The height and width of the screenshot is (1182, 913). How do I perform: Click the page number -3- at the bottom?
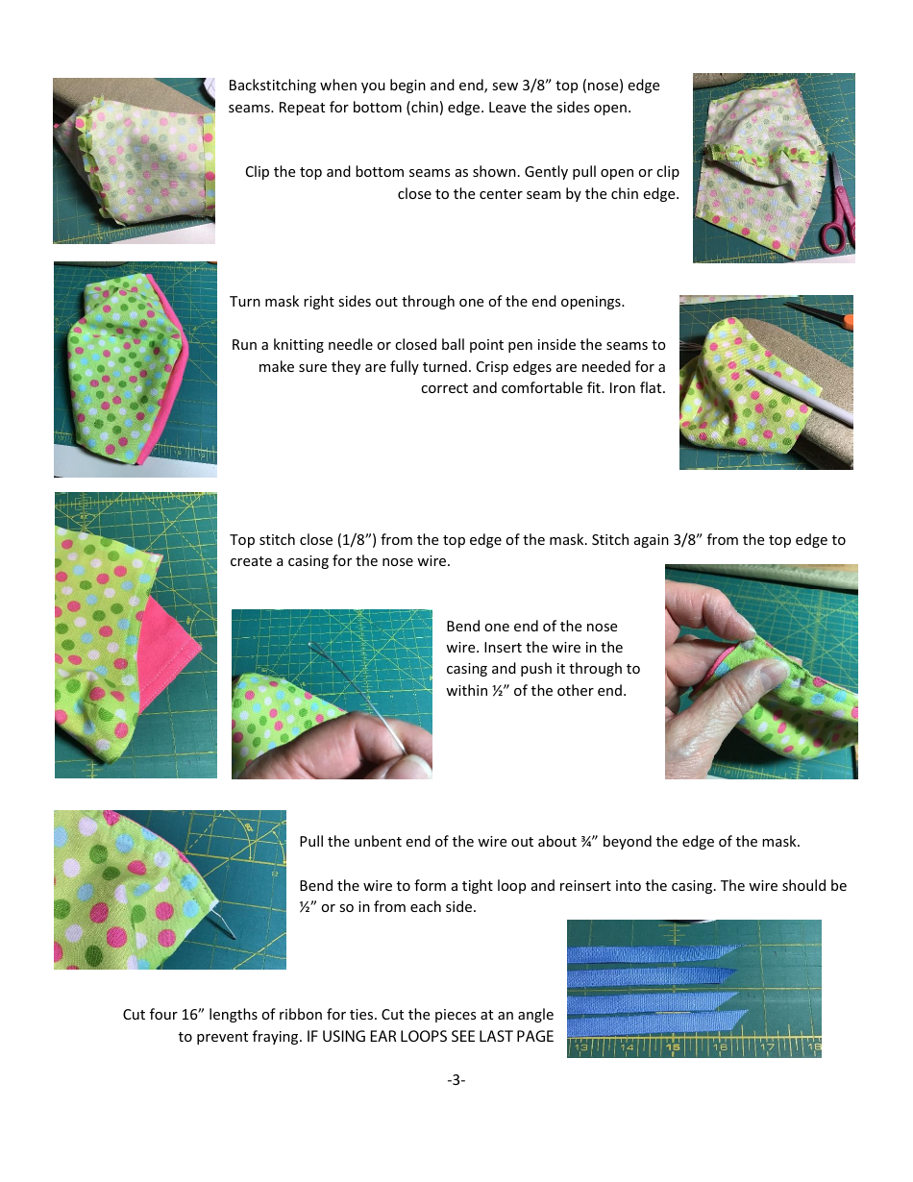(x=456, y=1080)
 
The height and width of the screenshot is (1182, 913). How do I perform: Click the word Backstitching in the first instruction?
(x=272, y=86)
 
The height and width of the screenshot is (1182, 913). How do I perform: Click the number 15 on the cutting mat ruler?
(x=672, y=1047)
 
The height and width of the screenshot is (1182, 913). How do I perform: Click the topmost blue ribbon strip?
(x=654, y=954)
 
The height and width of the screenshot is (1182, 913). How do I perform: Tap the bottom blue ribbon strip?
(x=654, y=1022)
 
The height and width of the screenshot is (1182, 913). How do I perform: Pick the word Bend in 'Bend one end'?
(x=463, y=627)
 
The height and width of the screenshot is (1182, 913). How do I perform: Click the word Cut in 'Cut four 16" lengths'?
(x=135, y=1015)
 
